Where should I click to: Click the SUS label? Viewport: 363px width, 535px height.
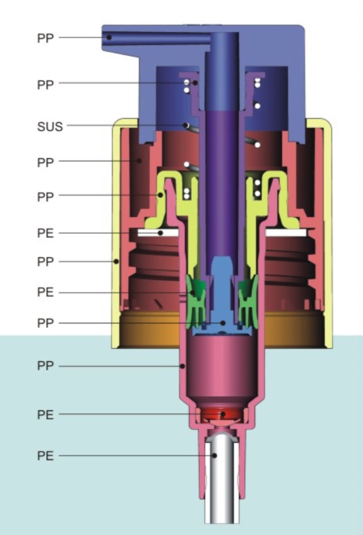pos(50,127)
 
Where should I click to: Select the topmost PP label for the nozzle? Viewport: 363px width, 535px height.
pos(45,38)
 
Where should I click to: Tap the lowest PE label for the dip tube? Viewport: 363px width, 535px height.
pos(45,456)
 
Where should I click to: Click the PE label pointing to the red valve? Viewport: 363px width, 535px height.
pos(45,415)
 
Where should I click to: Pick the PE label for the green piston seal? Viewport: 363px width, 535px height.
pos(45,292)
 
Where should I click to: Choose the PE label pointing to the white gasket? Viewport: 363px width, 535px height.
pos(45,233)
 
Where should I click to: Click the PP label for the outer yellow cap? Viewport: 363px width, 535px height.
pos(45,262)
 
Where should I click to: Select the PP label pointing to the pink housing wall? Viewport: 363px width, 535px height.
pos(45,366)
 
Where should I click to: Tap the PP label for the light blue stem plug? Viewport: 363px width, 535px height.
pos(45,323)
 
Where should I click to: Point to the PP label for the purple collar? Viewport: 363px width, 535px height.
pos(45,84)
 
